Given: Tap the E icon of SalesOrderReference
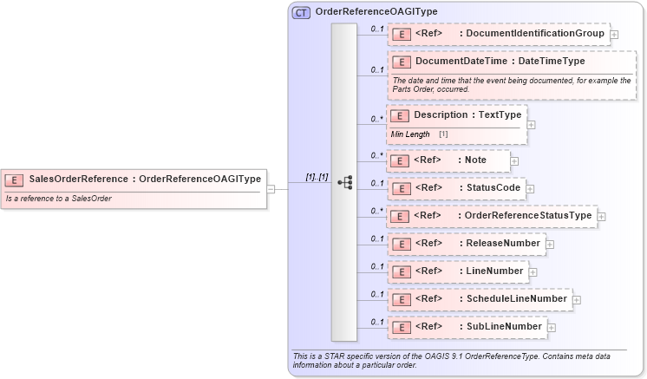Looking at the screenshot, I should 15,180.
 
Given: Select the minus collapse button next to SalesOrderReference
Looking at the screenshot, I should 271,187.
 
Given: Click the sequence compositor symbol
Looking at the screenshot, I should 344,182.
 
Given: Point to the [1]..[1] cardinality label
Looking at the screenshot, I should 317,177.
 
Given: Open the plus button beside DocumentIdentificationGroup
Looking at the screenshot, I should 614,35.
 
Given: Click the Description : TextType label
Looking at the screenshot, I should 467,115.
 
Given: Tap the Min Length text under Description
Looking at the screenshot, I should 410,134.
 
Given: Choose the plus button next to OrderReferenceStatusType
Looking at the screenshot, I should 602,216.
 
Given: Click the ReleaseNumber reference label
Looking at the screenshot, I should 502,244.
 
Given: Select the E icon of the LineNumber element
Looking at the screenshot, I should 402,271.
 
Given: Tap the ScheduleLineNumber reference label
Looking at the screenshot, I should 516,299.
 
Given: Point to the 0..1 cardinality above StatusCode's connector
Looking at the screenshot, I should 377,183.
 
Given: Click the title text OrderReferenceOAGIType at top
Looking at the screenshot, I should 376,12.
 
